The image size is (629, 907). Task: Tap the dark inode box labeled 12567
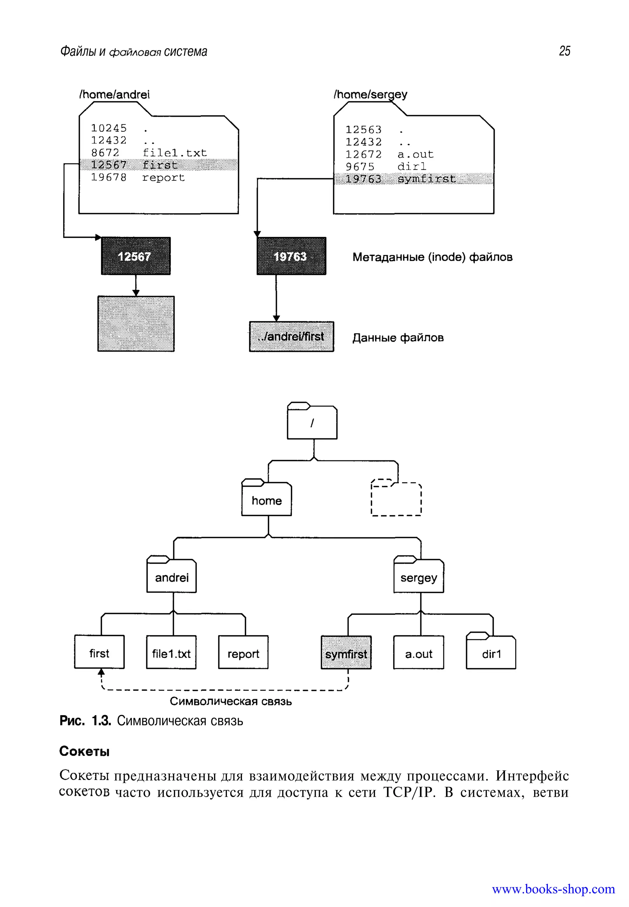135,256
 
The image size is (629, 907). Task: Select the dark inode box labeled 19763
291,256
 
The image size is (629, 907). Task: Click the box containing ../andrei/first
291,337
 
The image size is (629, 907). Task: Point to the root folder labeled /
312,423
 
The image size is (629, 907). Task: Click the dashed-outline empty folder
396,499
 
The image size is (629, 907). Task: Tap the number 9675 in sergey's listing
360,167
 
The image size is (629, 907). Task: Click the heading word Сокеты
84,751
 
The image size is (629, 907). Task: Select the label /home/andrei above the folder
114,95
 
